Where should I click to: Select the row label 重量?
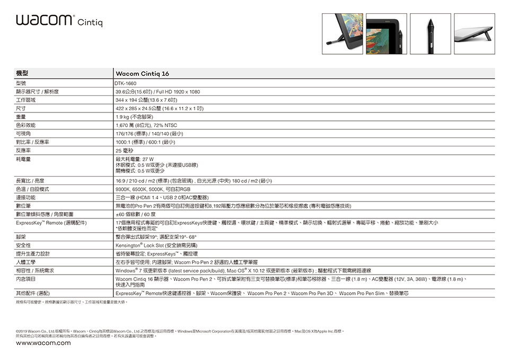click(x=21, y=116)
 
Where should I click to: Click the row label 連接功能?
click(x=26, y=197)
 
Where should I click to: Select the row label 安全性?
click(x=23, y=245)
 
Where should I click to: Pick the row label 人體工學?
click(x=26, y=262)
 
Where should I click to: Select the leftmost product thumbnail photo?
click(x=342, y=33)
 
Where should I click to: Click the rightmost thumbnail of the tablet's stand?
click(x=475, y=33)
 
